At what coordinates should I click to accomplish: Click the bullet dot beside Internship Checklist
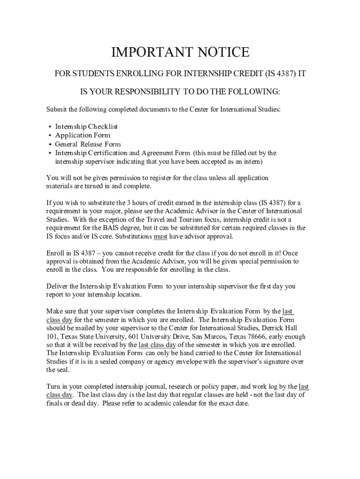(x=50, y=127)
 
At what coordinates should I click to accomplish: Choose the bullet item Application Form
(x=83, y=135)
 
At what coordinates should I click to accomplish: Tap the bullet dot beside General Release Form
(x=50, y=144)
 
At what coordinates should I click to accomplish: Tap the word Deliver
(x=57, y=286)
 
